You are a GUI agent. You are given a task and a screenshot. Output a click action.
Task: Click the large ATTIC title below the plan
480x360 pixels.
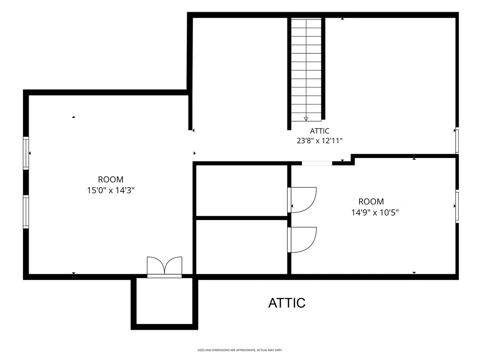pos(287,303)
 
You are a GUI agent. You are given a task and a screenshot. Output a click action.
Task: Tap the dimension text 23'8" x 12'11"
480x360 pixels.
pos(320,141)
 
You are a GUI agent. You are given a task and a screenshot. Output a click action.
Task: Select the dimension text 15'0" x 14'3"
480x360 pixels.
pos(111,191)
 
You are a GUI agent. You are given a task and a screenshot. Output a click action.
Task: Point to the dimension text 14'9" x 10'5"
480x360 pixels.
pos(375,212)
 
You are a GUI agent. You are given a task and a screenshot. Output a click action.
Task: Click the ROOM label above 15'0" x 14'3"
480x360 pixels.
pos(111,179)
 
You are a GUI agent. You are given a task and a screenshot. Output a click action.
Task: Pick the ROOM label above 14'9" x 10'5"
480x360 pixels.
pos(371,201)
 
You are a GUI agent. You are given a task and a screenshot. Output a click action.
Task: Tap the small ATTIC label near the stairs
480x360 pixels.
pos(320,131)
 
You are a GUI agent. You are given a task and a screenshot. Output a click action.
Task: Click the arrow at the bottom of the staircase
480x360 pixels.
pos(306,119)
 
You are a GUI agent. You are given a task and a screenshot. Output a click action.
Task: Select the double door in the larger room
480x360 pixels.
pos(164,267)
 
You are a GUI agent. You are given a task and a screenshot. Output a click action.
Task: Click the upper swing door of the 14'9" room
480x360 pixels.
pos(302,200)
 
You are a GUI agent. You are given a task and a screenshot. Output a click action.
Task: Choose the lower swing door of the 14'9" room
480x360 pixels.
pos(302,240)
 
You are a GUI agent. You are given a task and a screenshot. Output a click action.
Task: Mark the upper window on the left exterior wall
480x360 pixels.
pos(26,153)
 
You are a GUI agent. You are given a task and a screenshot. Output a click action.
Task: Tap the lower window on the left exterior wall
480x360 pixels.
pos(26,212)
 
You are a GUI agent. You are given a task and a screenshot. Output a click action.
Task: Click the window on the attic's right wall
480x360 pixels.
pos(457,140)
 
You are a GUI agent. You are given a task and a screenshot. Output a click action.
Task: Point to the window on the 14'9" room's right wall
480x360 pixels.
pos(457,206)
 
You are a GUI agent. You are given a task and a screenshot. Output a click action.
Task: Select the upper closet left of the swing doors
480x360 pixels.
pos(242,191)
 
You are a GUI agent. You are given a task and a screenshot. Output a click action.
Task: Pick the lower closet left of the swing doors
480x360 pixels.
pos(242,247)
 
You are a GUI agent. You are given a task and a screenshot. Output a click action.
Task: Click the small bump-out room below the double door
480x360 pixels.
pos(164,301)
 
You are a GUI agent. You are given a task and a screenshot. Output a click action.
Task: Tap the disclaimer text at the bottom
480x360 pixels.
pos(240,350)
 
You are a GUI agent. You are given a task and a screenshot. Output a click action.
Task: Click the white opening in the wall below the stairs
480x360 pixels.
pos(317,163)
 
